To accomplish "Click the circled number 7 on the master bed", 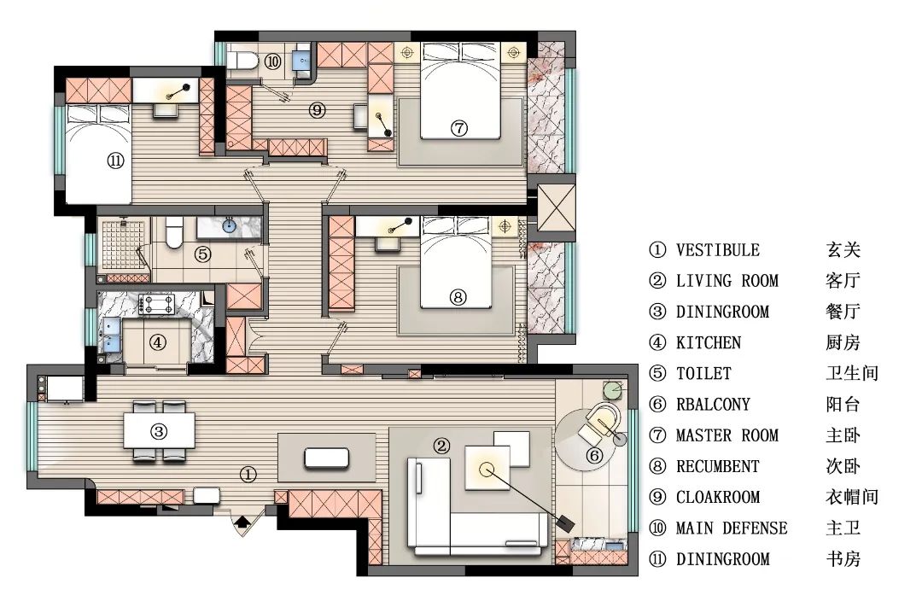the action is tap(459, 128).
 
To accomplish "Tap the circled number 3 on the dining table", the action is tap(159, 432).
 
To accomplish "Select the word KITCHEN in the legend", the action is tap(709, 342).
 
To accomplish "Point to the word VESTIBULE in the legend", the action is tap(717, 250).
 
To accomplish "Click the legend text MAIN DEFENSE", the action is tap(732, 528).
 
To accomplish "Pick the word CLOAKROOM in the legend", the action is tap(717, 497).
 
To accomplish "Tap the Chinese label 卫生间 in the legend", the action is tap(852, 373).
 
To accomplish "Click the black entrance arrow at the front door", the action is tap(241, 521).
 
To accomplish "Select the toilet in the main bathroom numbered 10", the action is tap(242, 60).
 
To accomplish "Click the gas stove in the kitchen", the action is tap(157, 304).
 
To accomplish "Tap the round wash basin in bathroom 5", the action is tap(229, 225).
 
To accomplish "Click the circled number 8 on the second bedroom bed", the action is tap(458, 297).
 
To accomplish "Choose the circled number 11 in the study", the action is tap(115, 160).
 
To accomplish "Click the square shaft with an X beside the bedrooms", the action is tap(557, 207).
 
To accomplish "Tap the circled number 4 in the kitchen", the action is tap(157, 342).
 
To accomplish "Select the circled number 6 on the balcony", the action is tap(595, 455).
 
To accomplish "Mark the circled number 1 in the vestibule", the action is tap(248, 474).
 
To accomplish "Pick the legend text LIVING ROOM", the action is tap(727, 281).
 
